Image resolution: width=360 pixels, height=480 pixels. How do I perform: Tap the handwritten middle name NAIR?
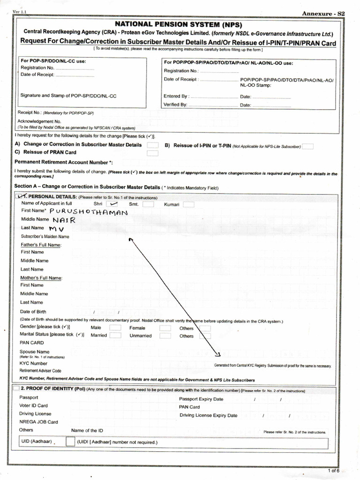(64, 220)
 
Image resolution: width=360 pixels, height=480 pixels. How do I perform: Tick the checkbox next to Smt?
(148, 204)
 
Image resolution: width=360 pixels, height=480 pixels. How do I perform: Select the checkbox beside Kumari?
(188, 204)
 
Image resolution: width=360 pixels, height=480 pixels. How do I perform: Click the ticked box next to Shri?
(112, 204)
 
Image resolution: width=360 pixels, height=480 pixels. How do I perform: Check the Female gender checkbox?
(165, 328)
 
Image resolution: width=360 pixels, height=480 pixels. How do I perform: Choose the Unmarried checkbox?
(165, 336)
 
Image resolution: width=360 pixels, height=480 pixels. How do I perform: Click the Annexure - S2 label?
(323, 14)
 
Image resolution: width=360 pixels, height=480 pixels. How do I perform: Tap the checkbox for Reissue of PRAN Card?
(152, 153)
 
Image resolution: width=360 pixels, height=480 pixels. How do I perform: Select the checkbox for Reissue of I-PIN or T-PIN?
(307, 146)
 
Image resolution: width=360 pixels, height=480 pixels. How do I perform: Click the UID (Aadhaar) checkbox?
(70, 442)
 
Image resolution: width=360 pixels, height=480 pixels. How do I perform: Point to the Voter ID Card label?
(33, 405)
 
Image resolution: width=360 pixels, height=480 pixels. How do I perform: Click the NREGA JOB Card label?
(38, 422)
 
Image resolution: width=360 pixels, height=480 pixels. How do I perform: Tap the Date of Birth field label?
(33, 312)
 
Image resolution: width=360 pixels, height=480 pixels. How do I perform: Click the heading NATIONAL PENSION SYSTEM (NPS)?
(180, 25)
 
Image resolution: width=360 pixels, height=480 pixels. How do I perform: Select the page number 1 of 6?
(334, 470)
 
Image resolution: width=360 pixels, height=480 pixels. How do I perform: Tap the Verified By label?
(175, 105)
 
